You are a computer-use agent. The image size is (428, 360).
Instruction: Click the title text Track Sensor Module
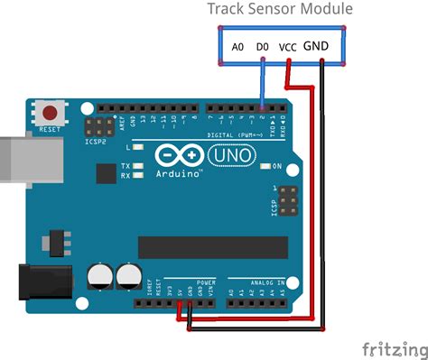click(x=280, y=9)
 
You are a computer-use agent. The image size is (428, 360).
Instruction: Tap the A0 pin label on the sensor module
click(x=237, y=46)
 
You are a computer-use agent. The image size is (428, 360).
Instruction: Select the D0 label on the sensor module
click(x=262, y=46)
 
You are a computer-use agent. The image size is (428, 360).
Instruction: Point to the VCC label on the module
click(x=289, y=47)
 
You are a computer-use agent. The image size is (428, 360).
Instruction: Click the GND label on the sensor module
click(x=316, y=45)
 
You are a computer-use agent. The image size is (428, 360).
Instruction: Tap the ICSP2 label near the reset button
click(x=96, y=142)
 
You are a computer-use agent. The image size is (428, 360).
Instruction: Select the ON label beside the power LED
click(x=277, y=166)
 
